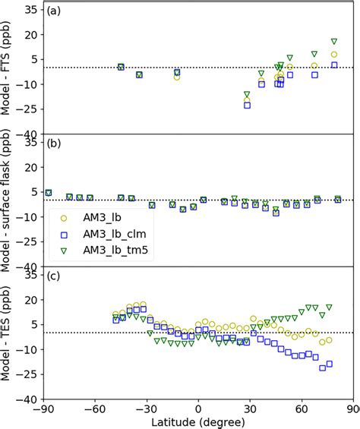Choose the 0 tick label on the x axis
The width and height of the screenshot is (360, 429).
[x=198, y=408]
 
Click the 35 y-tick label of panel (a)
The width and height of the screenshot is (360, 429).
[x=30, y=10]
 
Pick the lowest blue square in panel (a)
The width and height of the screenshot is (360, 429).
[x=247, y=105]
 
